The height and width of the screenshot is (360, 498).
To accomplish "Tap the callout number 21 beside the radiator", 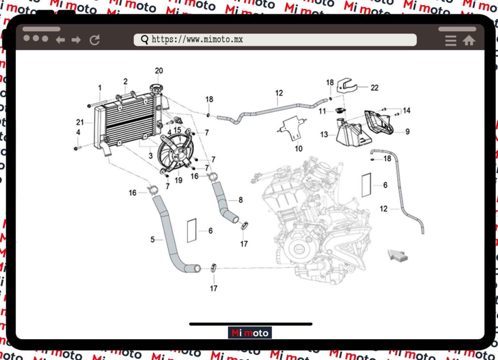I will click(x=80, y=122).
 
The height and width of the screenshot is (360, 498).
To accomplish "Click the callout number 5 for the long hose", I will click(x=152, y=239).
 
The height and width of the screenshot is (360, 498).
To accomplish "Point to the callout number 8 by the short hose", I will click(x=240, y=200).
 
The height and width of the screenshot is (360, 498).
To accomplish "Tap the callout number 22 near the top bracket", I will click(x=374, y=88).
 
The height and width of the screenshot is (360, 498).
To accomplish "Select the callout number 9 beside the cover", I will click(x=407, y=131).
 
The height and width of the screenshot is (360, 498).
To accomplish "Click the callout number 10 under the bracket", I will click(x=299, y=148).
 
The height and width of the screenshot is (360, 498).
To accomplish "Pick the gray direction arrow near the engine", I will click(x=397, y=256).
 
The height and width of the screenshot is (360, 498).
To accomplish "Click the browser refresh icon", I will click(x=95, y=40).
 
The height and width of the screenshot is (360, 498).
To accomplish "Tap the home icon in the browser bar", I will click(x=469, y=41).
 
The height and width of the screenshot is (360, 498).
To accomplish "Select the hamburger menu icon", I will click(x=451, y=41).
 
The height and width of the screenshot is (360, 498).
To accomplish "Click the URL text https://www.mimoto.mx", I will click(x=197, y=40).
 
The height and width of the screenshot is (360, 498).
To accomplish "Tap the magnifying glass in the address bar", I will click(x=144, y=40).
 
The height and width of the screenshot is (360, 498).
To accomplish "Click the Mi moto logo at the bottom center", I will click(x=250, y=333).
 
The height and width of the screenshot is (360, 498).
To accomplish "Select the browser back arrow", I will click(x=60, y=40).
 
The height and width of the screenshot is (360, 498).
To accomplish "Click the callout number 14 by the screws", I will click(x=407, y=110).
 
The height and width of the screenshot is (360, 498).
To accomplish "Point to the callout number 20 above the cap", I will click(x=159, y=71).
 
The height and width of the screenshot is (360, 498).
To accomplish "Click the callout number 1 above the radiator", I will click(x=100, y=88).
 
